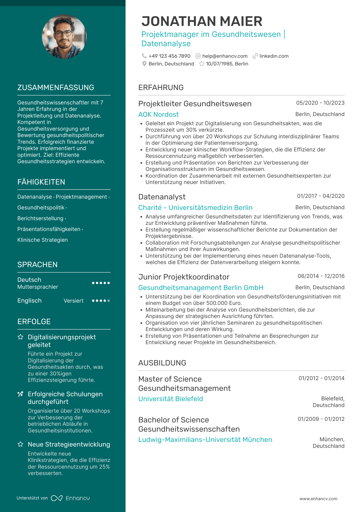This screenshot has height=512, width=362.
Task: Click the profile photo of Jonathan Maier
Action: tap(64, 37)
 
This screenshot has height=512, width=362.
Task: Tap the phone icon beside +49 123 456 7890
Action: tap(144, 56)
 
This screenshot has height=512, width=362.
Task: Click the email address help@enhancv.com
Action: tap(225, 56)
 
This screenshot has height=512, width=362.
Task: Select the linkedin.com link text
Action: tap(274, 56)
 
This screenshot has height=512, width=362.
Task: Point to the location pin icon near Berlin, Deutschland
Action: tap(144, 64)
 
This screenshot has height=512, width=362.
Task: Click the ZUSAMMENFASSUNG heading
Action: tap(56, 88)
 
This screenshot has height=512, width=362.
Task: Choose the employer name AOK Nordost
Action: tap(158, 114)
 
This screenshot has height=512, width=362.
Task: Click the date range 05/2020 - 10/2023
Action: tap(320, 103)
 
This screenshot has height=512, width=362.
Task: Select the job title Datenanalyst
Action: tap(162, 197)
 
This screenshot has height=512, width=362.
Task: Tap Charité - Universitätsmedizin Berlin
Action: tap(195, 208)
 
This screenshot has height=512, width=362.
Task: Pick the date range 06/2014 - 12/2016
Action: tap(321, 276)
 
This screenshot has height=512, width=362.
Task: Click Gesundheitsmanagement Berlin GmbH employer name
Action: tap(201, 288)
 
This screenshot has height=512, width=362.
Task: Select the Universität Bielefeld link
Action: tap(170, 399)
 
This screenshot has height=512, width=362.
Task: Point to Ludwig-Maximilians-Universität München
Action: tap(205, 440)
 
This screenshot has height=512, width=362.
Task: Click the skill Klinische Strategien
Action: tap(43, 240)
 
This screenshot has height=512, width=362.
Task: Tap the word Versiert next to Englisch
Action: tap(73, 301)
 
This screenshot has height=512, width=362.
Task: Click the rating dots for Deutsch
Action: tap(101, 283)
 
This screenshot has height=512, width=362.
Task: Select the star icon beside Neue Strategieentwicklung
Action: tap(21, 444)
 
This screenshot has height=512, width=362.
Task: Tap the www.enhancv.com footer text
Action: tap(318, 499)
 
